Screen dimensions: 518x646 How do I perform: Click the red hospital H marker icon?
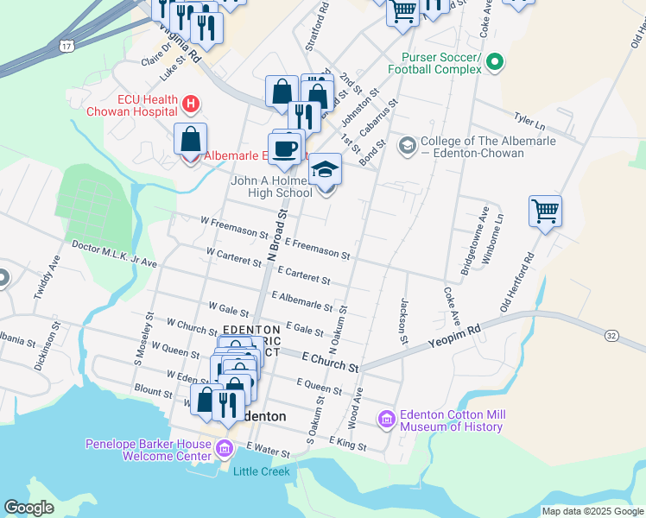coord(192,104)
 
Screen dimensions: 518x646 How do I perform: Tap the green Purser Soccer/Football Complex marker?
coord(494,61)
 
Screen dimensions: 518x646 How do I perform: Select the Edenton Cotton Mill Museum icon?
coord(386,420)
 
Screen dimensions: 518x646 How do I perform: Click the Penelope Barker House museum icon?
coord(225,449)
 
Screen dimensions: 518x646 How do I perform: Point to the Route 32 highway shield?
coord(611,334)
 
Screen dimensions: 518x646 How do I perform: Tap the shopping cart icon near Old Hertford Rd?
coord(545,211)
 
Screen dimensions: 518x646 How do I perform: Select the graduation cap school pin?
coord(325,169)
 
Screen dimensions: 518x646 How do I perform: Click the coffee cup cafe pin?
coord(284,148)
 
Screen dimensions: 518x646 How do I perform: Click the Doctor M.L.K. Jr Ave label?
coord(114,254)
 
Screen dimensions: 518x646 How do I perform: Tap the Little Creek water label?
coord(261,471)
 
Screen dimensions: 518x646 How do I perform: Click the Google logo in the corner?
coord(29,508)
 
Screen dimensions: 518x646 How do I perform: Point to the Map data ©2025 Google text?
coord(592,511)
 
